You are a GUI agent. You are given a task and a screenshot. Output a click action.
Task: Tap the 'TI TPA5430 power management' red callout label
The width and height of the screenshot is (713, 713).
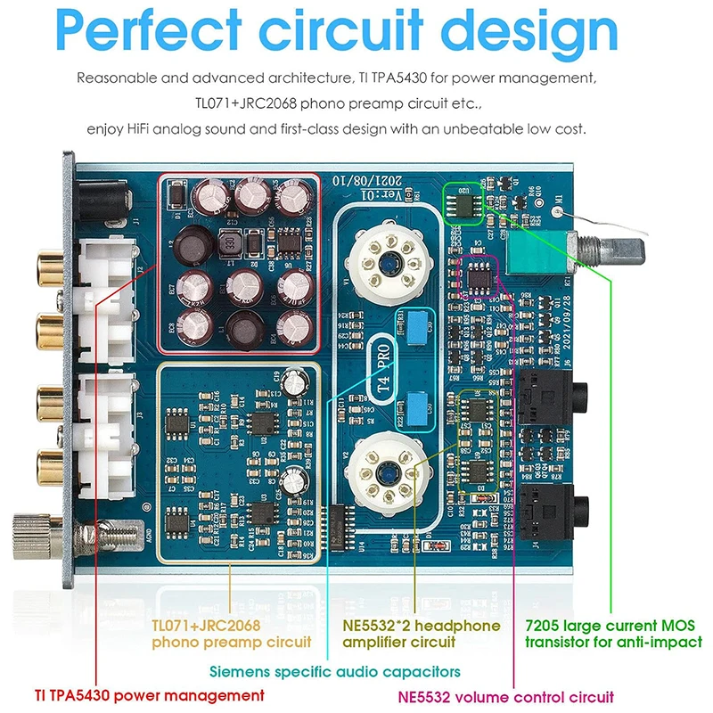pos(150,694)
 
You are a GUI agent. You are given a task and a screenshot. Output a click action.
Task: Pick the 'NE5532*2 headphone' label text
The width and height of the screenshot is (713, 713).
pos(422,626)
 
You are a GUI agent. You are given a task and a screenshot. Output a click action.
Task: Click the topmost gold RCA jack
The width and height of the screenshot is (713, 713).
pos(42,265)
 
